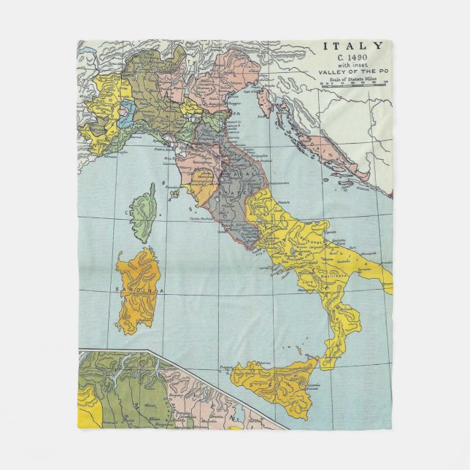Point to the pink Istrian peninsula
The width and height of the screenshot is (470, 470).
(x=265, y=102)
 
